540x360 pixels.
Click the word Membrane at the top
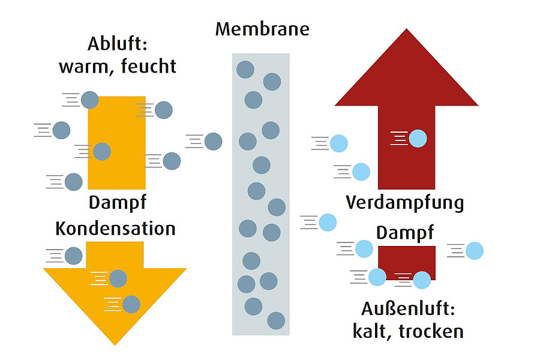tap(262, 29)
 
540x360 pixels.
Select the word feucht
tap(148, 66)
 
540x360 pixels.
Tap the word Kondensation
tap(115, 229)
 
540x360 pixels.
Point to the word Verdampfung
tap(405, 203)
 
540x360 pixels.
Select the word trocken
tap(431, 331)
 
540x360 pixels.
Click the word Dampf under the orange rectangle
tap(118, 203)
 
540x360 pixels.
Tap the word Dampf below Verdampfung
tap(405, 233)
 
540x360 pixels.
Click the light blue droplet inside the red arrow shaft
tap(418, 139)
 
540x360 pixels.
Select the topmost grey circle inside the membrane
tap(245, 69)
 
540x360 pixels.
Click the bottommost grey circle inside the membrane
tap(276, 321)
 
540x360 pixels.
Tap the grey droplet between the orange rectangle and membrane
tap(213, 141)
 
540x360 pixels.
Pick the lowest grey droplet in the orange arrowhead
tap(131, 305)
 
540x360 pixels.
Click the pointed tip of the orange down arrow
tap(115, 345)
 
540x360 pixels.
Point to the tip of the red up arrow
tap(406, 29)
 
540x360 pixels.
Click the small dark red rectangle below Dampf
tap(407, 263)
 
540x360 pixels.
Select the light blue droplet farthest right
tap(474, 250)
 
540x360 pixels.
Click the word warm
tap(85, 67)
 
